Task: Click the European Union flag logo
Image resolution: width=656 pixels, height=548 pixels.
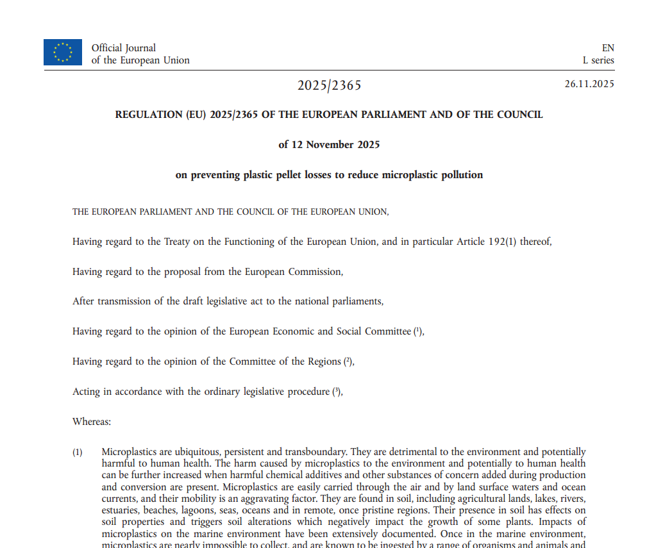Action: click(x=63, y=53)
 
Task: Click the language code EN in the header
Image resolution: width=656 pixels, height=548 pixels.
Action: click(x=607, y=48)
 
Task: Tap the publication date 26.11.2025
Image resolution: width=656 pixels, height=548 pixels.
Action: click(x=589, y=84)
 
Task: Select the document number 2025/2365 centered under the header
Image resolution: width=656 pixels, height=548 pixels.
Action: click(x=329, y=86)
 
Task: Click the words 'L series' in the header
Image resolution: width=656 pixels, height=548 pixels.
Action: click(x=598, y=60)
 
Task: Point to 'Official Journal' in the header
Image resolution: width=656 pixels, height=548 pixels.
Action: click(x=124, y=48)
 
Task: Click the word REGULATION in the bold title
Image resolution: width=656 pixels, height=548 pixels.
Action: click(x=148, y=115)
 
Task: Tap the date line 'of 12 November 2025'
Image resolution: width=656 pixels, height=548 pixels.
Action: click(x=329, y=145)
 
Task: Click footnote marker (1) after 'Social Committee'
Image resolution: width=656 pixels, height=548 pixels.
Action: click(x=418, y=331)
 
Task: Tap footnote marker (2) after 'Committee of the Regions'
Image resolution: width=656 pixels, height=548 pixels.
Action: click(x=348, y=361)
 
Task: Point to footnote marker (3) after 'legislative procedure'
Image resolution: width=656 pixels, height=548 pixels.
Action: click(x=337, y=392)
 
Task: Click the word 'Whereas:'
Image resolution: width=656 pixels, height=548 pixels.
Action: click(x=92, y=422)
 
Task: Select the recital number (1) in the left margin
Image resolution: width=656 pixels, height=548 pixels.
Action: click(x=77, y=453)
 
